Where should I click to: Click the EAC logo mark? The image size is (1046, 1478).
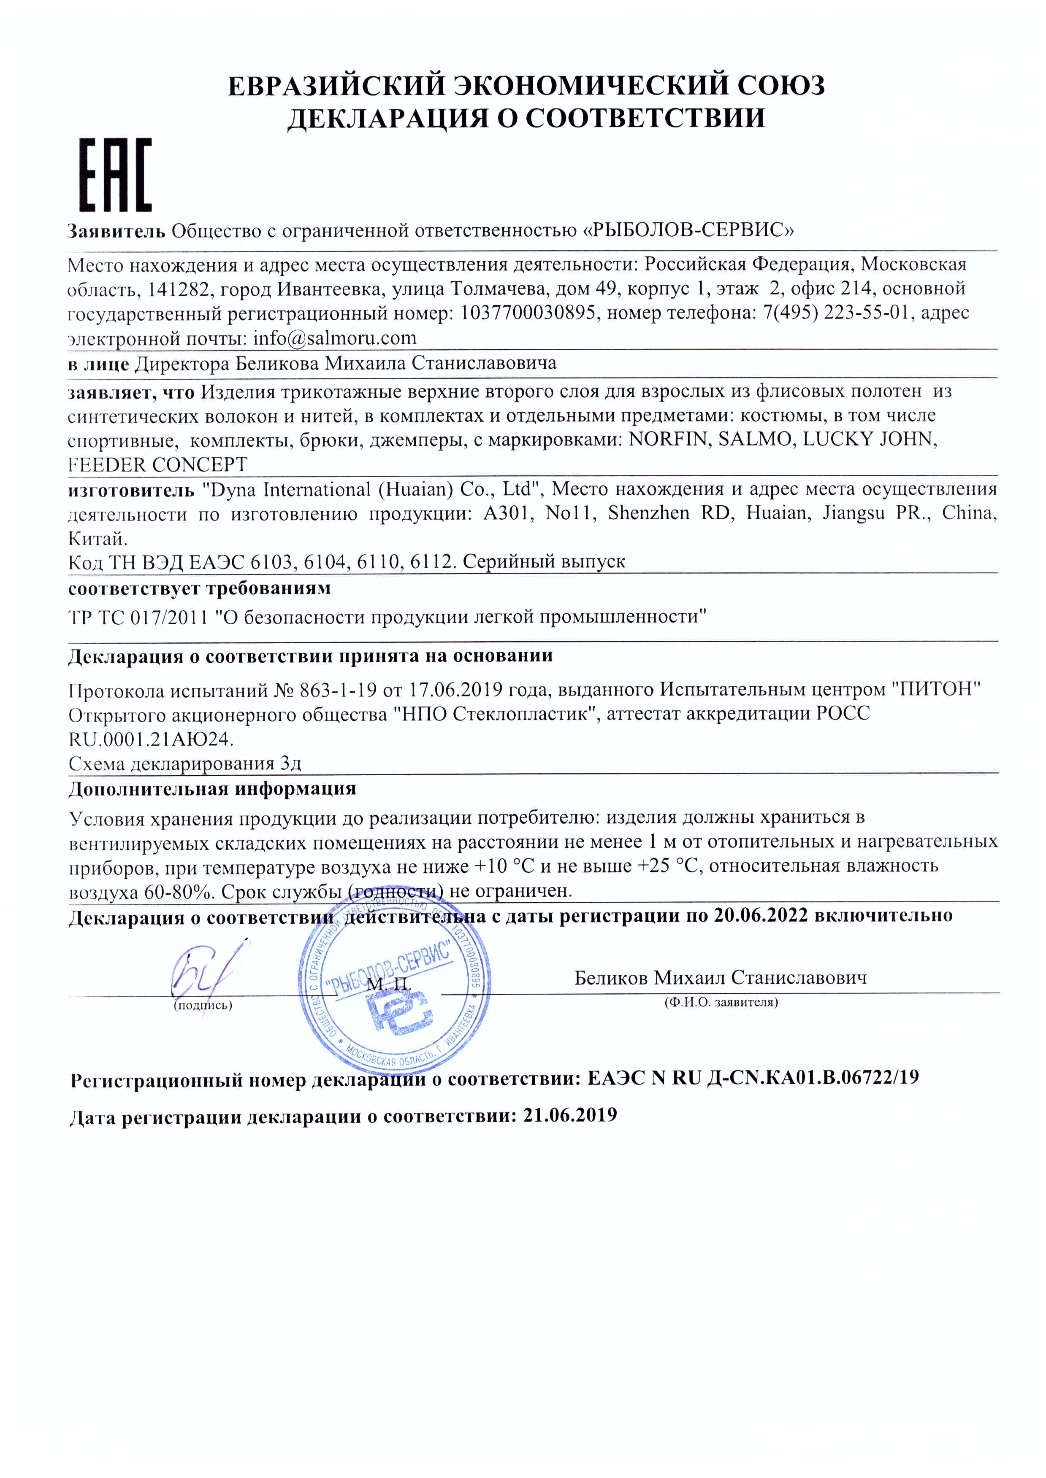coord(115,175)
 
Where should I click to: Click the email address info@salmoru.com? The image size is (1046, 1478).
coord(334,338)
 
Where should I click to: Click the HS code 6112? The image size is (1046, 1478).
coord(431,562)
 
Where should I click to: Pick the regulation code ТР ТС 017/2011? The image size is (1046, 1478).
coord(138,618)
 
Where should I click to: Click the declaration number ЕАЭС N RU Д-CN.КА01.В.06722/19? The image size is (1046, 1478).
coord(753,1078)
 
